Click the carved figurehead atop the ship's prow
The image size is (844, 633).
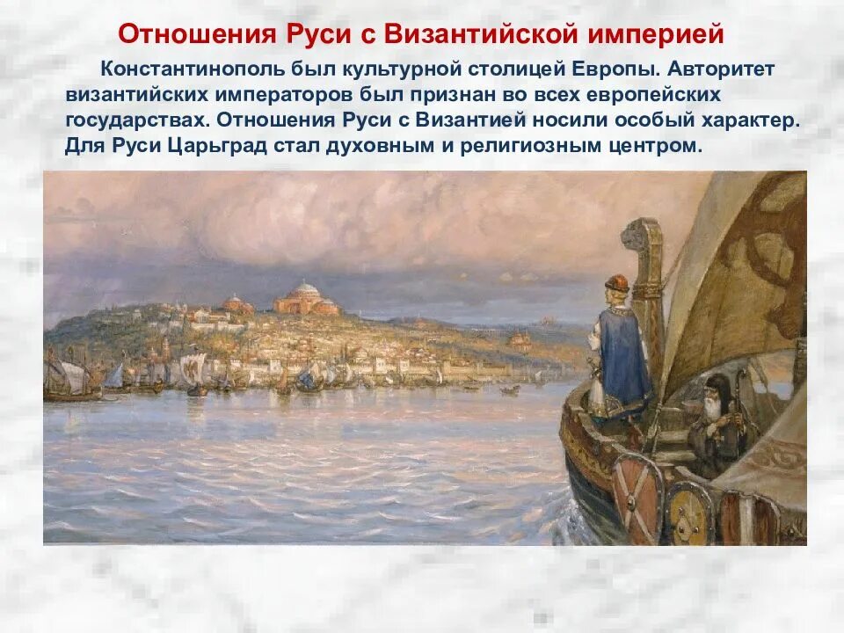click(639, 236)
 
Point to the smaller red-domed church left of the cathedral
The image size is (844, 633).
click(236, 304)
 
